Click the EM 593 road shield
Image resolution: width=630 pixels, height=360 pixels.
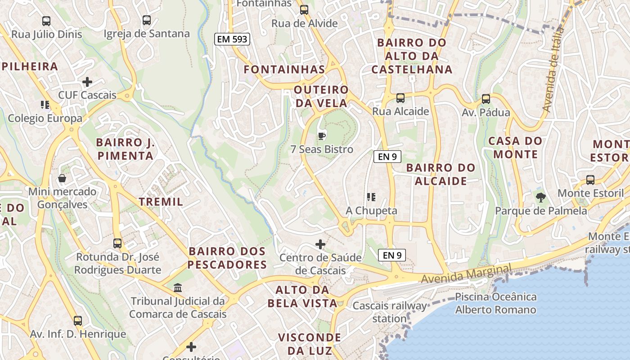pyautogui.click(x=232, y=39)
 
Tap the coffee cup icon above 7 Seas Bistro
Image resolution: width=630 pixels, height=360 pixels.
pyautogui.click(x=322, y=135)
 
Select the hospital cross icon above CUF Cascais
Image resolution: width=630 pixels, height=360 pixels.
pyautogui.click(x=87, y=82)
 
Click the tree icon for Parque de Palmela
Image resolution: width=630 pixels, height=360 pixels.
pyautogui.click(x=540, y=197)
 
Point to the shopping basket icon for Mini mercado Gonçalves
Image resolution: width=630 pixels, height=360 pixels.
pyautogui.click(x=62, y=178)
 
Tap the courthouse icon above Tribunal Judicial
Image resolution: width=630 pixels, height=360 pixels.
pyautogui.click(x=178, y=288)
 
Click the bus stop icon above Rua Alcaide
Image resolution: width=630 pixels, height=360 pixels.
pyautogui.click(x=400, y=98)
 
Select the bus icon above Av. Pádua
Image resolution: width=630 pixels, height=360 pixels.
pyautogui.click(x=486, y=99)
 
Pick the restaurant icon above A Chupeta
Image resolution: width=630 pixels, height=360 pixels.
pyautogui.click(x=371, y=197)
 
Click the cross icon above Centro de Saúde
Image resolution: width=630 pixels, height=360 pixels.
pyautogui.click(x=320, y=244)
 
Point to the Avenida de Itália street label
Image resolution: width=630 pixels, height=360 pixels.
pyautogui.click(x=553, y=70)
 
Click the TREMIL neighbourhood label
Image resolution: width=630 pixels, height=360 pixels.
pyautogui.click(x=161, y=202)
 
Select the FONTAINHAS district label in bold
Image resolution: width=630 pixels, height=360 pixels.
pyautogui.click(x=284, y=69)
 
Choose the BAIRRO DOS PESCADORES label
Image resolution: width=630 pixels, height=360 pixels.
pyautogui.click(x=227, y=258)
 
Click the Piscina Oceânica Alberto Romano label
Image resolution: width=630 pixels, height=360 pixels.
pyautogui.click(x=496, y=303)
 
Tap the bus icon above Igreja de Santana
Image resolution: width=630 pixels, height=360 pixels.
pyautogui.click(x=147, y=20)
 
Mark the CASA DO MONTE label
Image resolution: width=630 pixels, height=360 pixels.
pyautogui.click(x=516, y=148)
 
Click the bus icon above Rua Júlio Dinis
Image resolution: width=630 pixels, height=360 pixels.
pyautogui.click(x=46, y=21)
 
